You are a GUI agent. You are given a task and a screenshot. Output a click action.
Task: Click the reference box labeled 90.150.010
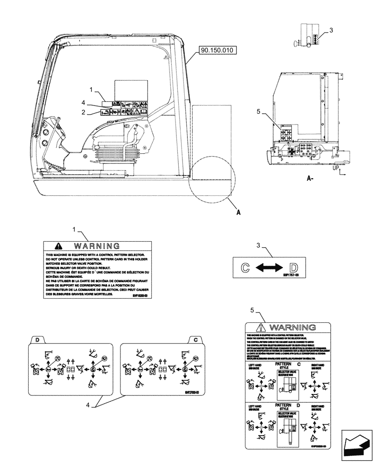pyautogui.click(x=218, y=50)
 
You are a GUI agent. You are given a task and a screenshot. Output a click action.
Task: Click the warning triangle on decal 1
pyautogui.click(x=58, y=246)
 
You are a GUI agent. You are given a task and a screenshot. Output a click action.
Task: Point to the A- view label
pyautogui.click(x=311, y=178)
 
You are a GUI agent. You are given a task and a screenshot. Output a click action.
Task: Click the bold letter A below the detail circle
pyautogui.click(x=238, y=213)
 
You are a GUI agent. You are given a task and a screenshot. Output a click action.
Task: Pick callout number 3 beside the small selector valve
pyautogui.click(x=331, y=31)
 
